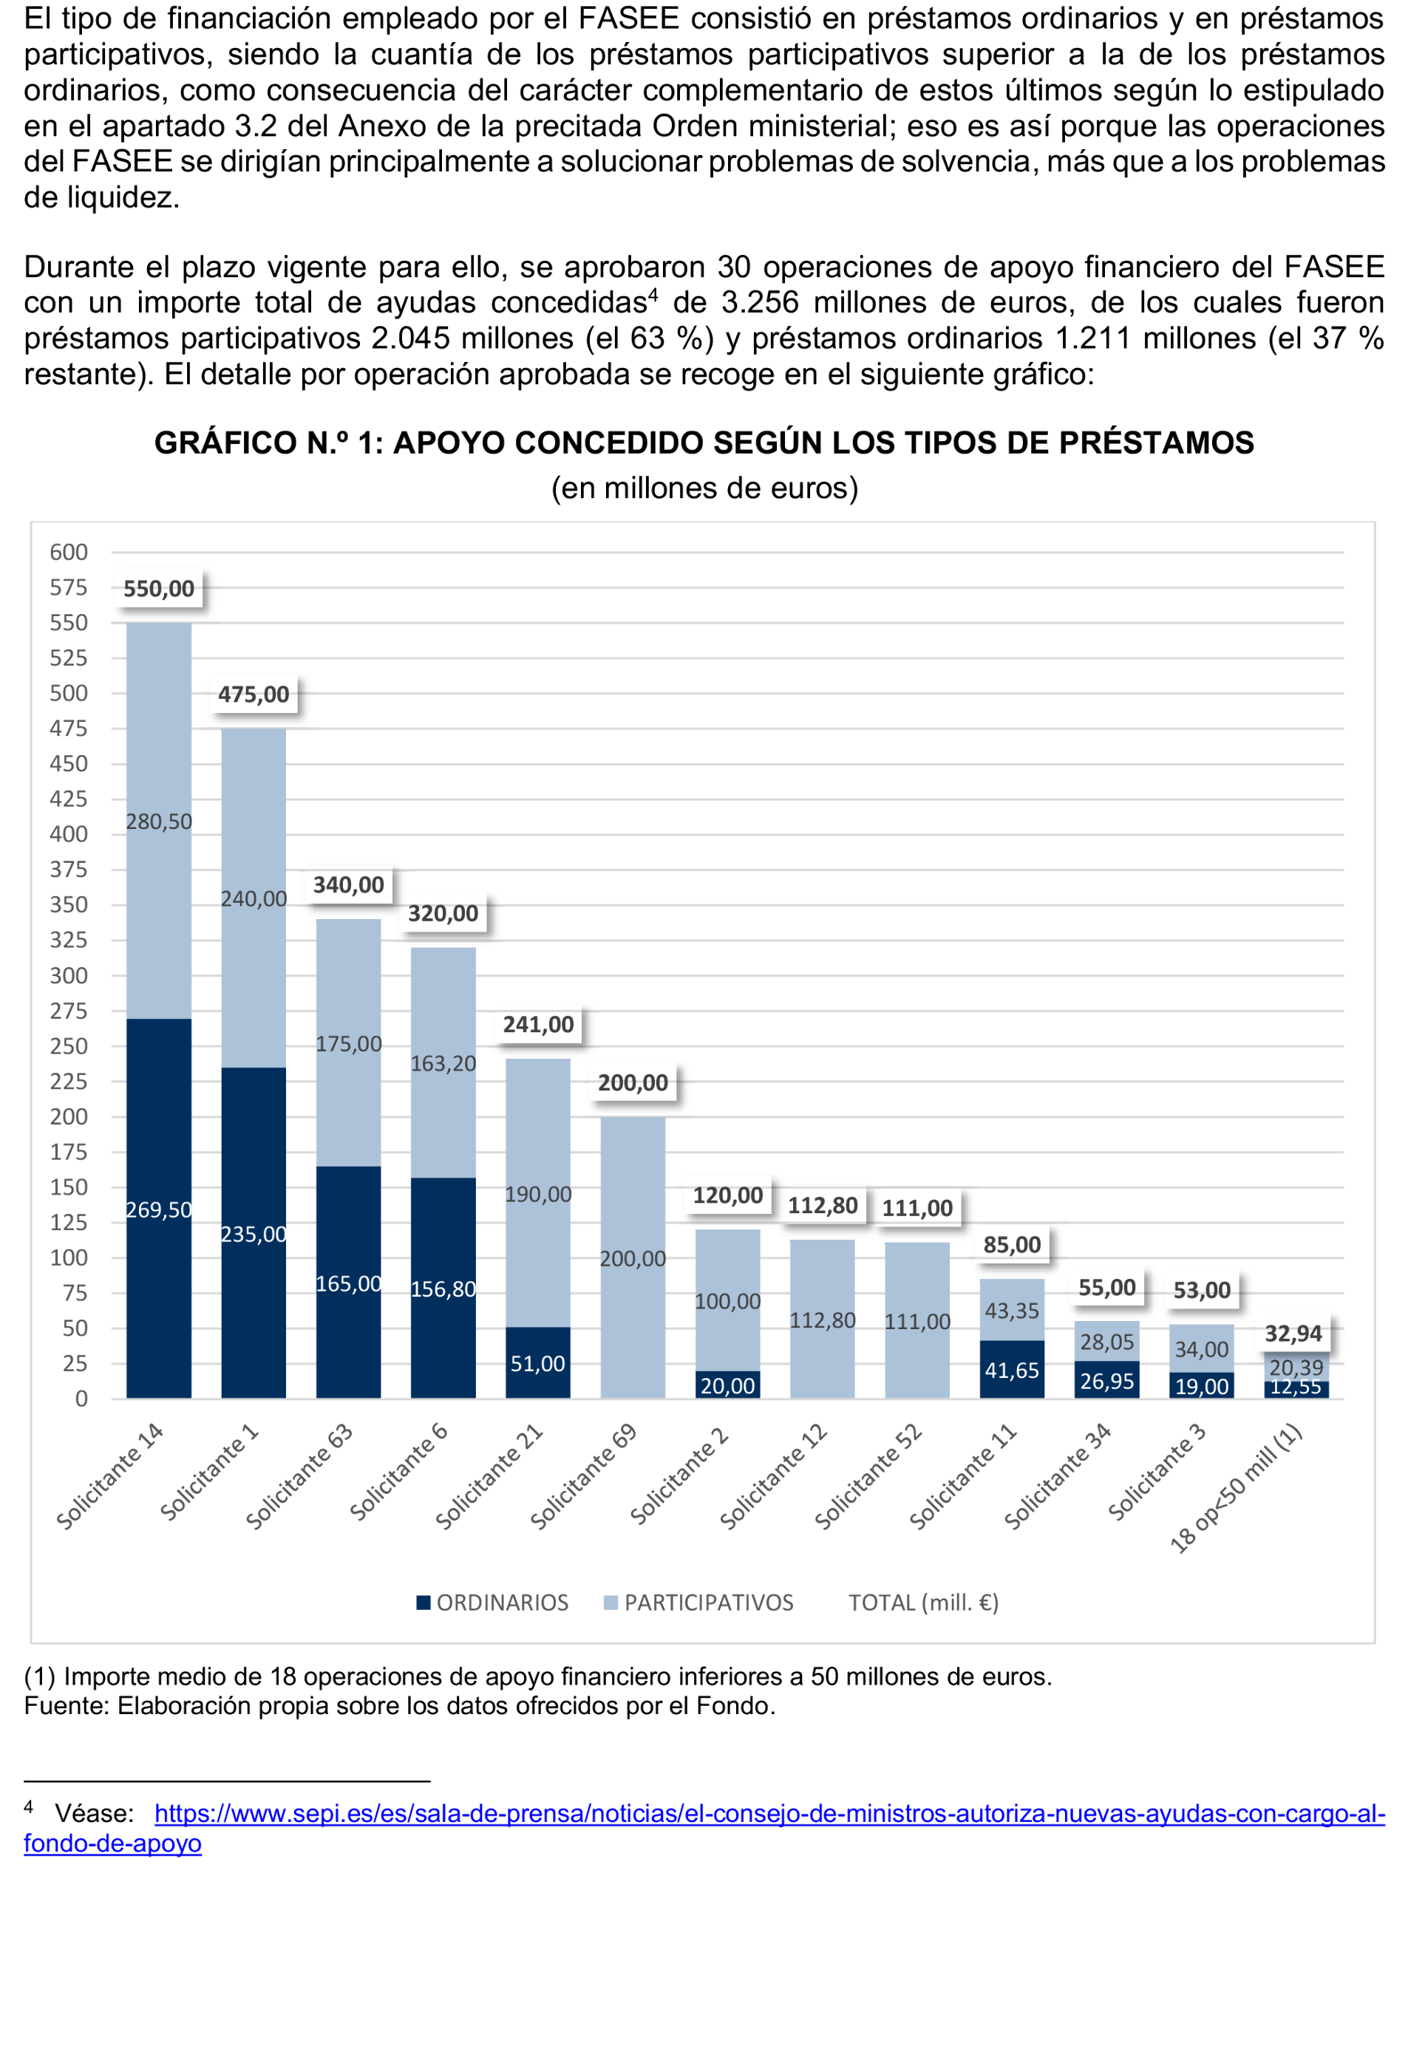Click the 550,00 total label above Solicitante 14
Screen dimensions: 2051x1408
158,589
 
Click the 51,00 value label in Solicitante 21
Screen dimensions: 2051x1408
537,1363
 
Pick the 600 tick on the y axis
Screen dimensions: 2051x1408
69,553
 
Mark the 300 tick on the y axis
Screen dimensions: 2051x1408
69,976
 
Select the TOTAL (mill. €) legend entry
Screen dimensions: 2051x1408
922,1603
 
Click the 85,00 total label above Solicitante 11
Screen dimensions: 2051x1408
1012,1245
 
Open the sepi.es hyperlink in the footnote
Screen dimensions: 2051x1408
768,1814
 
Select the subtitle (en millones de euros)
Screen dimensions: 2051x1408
704,488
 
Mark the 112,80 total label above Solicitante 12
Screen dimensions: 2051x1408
822,1206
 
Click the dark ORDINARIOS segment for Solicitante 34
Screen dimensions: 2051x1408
1107,1380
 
